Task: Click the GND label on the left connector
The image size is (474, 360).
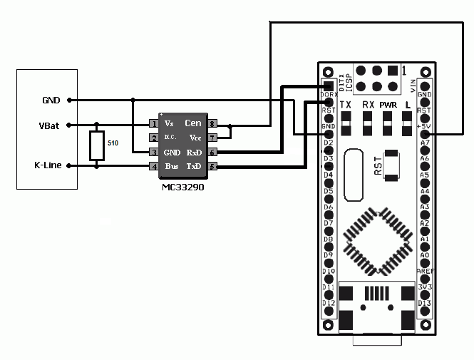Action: point(51,99)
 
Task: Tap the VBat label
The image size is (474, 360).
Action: point(49,125)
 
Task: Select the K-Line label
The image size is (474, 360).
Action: point(47,166)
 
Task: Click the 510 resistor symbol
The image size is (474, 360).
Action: point(97,145)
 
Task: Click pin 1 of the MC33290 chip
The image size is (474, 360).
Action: point(153,123)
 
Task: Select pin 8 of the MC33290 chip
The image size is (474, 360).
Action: point(212,123)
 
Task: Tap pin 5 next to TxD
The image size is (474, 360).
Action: point(212,166)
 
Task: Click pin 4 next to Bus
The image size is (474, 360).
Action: point(153,166)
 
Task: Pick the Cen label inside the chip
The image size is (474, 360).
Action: point(192,123)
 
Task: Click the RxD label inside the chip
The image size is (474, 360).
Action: point(193,153)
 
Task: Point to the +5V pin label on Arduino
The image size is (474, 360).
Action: point(424,127)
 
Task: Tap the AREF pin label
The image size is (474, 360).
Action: point(424,272)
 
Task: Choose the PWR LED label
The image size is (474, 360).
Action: point(388,105)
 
